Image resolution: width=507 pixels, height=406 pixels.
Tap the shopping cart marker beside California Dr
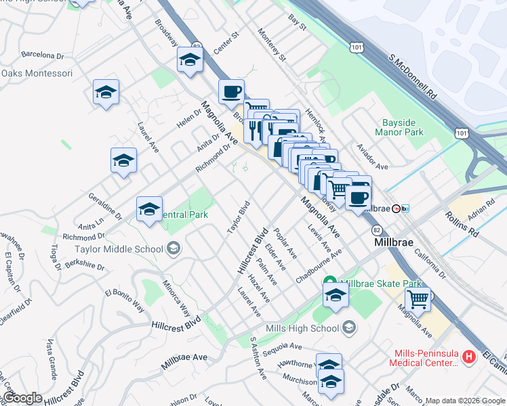click(x=418, y=300)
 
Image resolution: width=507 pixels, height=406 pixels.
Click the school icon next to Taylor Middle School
click(x=174, y=248)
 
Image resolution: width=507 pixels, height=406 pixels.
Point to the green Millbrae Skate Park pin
click(x=330, y=283)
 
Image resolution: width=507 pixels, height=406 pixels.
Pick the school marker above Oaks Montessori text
click(x=106, y=93)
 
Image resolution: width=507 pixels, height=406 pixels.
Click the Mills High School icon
click(x=349, y=328)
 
